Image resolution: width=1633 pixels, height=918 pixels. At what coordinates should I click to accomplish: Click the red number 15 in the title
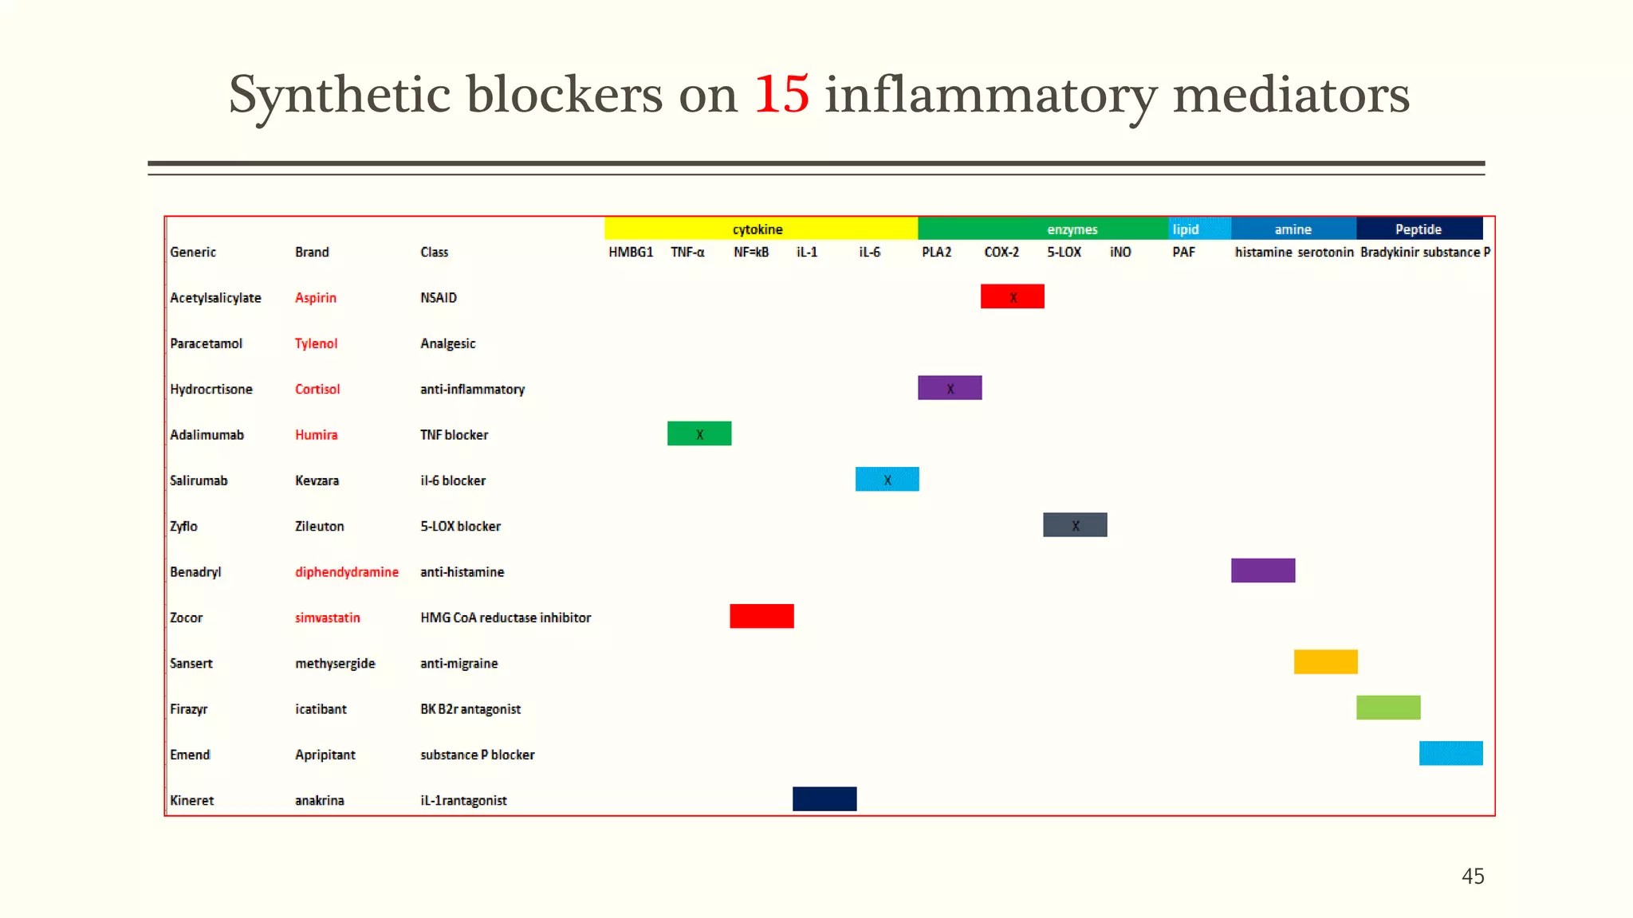pyautogui.click(x=781, y=95)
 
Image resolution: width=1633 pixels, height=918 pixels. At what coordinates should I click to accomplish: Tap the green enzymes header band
pyautogui.click(x=1042, y=229)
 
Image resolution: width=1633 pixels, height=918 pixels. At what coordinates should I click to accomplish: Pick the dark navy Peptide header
pyautogui.click(x=1419, y=229)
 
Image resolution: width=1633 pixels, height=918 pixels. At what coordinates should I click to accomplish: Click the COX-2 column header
pyautogui.click(x=1001, y=252)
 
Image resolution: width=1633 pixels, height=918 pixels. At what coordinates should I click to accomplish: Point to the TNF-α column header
pyautogui.click(x=687, y=252)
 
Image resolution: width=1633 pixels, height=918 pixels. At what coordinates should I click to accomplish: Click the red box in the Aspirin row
pyautogui.click(x=1012, y=296)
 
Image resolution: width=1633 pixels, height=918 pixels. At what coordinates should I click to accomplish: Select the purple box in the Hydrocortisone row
pyautogui.click(x=950, y=388)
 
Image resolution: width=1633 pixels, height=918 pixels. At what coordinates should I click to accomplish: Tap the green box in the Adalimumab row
pyautogui.click(x=699, y=433)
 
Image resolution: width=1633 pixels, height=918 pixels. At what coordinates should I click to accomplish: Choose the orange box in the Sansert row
pyautogui.click(x=1325, y=662)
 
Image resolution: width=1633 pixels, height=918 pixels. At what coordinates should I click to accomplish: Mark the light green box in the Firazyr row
pyautogui.click(x=1388, y=708)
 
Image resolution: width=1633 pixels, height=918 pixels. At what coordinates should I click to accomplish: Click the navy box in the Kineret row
pyautogui.click(x=824, y=798)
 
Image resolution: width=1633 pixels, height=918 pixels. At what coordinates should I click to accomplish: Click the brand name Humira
pyautogui.click(x=316, y=434)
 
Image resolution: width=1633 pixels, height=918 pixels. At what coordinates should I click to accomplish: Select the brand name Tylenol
pyautogui.click(x=316, y=343)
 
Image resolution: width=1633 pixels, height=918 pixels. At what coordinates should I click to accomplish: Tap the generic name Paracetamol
pyautogui.click(x=206, y=343)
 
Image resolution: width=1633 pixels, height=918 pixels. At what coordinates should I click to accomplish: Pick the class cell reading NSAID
pyautogui.click(x=439, y=297)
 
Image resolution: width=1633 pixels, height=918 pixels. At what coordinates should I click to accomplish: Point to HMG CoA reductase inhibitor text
pyautogui.click(x=506, y=618)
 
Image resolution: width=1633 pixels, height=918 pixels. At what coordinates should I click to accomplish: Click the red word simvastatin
pyautogui.click(x=327, y=618)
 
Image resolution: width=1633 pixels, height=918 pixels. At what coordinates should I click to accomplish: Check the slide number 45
pyautogui.click(x=1473, y=876)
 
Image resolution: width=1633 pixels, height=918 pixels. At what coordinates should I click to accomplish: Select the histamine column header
pyautogui.click(x=1263, y=252)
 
